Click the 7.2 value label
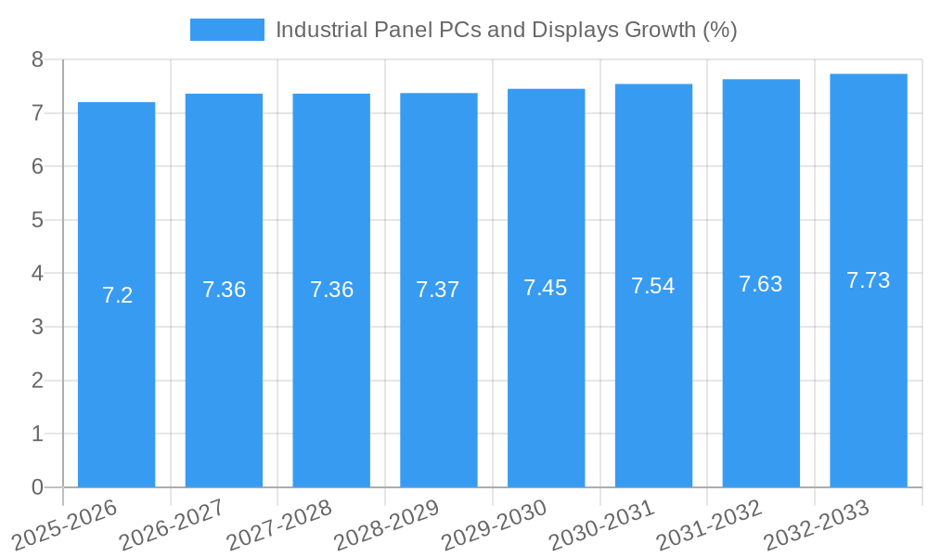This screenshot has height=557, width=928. [117, 295]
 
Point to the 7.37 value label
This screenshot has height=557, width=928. [438, 290]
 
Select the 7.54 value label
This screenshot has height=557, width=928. [653, 286]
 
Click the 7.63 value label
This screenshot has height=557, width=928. [761, 284]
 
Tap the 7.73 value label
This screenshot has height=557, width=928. [869, 280]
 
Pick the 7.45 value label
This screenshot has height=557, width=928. [546, 288]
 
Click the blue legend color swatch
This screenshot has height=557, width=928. [227, 30]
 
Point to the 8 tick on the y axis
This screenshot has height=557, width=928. [37, 59]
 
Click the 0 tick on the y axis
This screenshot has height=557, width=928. [37, 487]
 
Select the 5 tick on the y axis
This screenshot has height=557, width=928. [37, 220]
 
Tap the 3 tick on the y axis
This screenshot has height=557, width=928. [37, 327]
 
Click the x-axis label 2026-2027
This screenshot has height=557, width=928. [172, 525]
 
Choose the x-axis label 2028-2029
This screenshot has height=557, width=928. [386, 525]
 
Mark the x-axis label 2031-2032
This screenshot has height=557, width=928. [709, 525]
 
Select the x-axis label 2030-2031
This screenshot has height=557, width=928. [601, 525]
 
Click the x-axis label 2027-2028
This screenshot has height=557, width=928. [278, 525]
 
